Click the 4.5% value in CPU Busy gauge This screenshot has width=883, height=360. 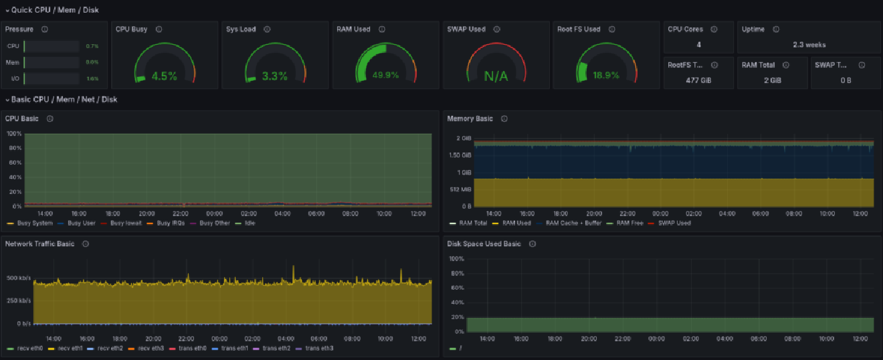click(164, 76)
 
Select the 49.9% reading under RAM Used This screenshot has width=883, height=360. click(385, 75)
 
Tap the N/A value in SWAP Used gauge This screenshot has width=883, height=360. click(496, 76)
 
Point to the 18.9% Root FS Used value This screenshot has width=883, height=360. click(606, 75)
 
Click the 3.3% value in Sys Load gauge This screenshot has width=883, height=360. click(274, 76)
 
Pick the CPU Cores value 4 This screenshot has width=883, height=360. click(698, 45)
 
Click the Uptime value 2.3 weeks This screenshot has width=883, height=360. click(809, 45)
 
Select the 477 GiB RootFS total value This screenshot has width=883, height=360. click(698, 80)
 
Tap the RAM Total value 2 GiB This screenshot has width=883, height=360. click(771, 80)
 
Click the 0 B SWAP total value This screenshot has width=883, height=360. click(846, 80)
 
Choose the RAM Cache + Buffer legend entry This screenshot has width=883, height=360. click(573, 223)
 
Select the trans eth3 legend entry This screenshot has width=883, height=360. click(319, 348)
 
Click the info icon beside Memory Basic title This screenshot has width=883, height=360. click(504, 118)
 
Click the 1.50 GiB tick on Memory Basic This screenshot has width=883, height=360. click(460, 155)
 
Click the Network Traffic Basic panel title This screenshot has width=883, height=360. click(39, 244)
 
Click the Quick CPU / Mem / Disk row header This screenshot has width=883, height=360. click(50, 10)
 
